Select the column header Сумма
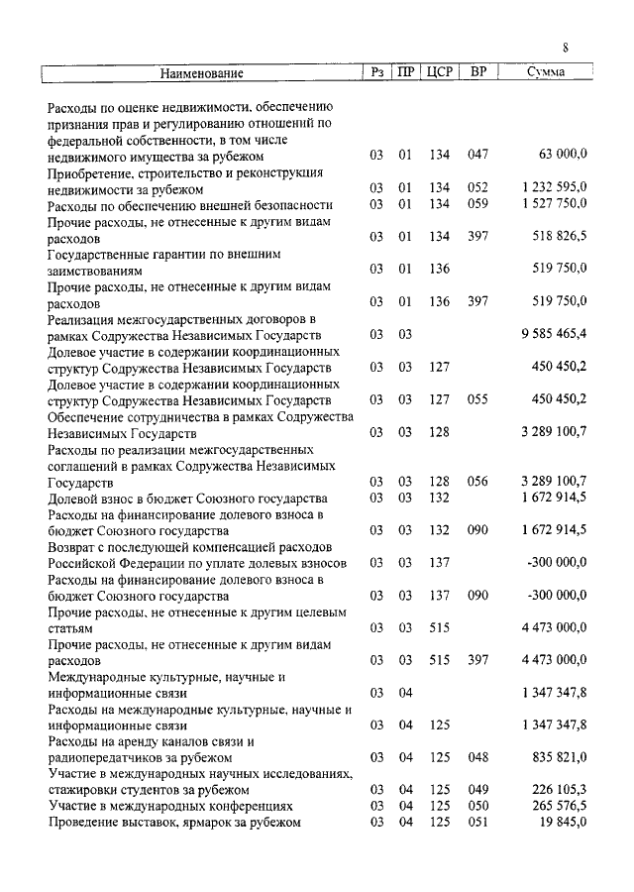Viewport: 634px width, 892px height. pyautogui.click(x=546, y=72)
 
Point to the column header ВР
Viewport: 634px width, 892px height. pyautogui.click(x=478, y=72)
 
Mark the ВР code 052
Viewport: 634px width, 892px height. pyautogui.click(x=478, y=187)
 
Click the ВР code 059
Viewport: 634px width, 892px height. pyautogui.click(x=478, y=203)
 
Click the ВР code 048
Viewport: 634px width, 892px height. pyautogui.click(x=478, y=757)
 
